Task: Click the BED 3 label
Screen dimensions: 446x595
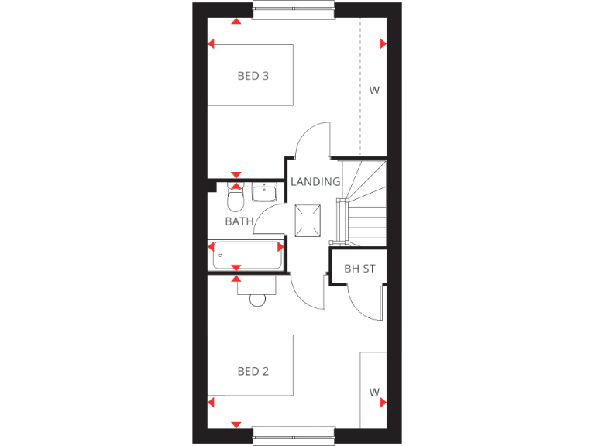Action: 253,76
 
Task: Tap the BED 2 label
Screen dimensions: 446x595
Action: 253,372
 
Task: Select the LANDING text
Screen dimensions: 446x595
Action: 315,182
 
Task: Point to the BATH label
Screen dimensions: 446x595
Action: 239,221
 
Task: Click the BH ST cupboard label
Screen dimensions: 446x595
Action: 359,269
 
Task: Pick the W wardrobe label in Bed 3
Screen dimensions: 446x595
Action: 374,91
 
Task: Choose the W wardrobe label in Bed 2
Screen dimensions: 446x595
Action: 374,393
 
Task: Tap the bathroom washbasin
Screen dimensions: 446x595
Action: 264,191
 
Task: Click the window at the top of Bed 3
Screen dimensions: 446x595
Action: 294,10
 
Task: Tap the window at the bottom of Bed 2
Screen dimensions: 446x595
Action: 294,434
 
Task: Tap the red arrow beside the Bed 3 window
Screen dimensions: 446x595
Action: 236,21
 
